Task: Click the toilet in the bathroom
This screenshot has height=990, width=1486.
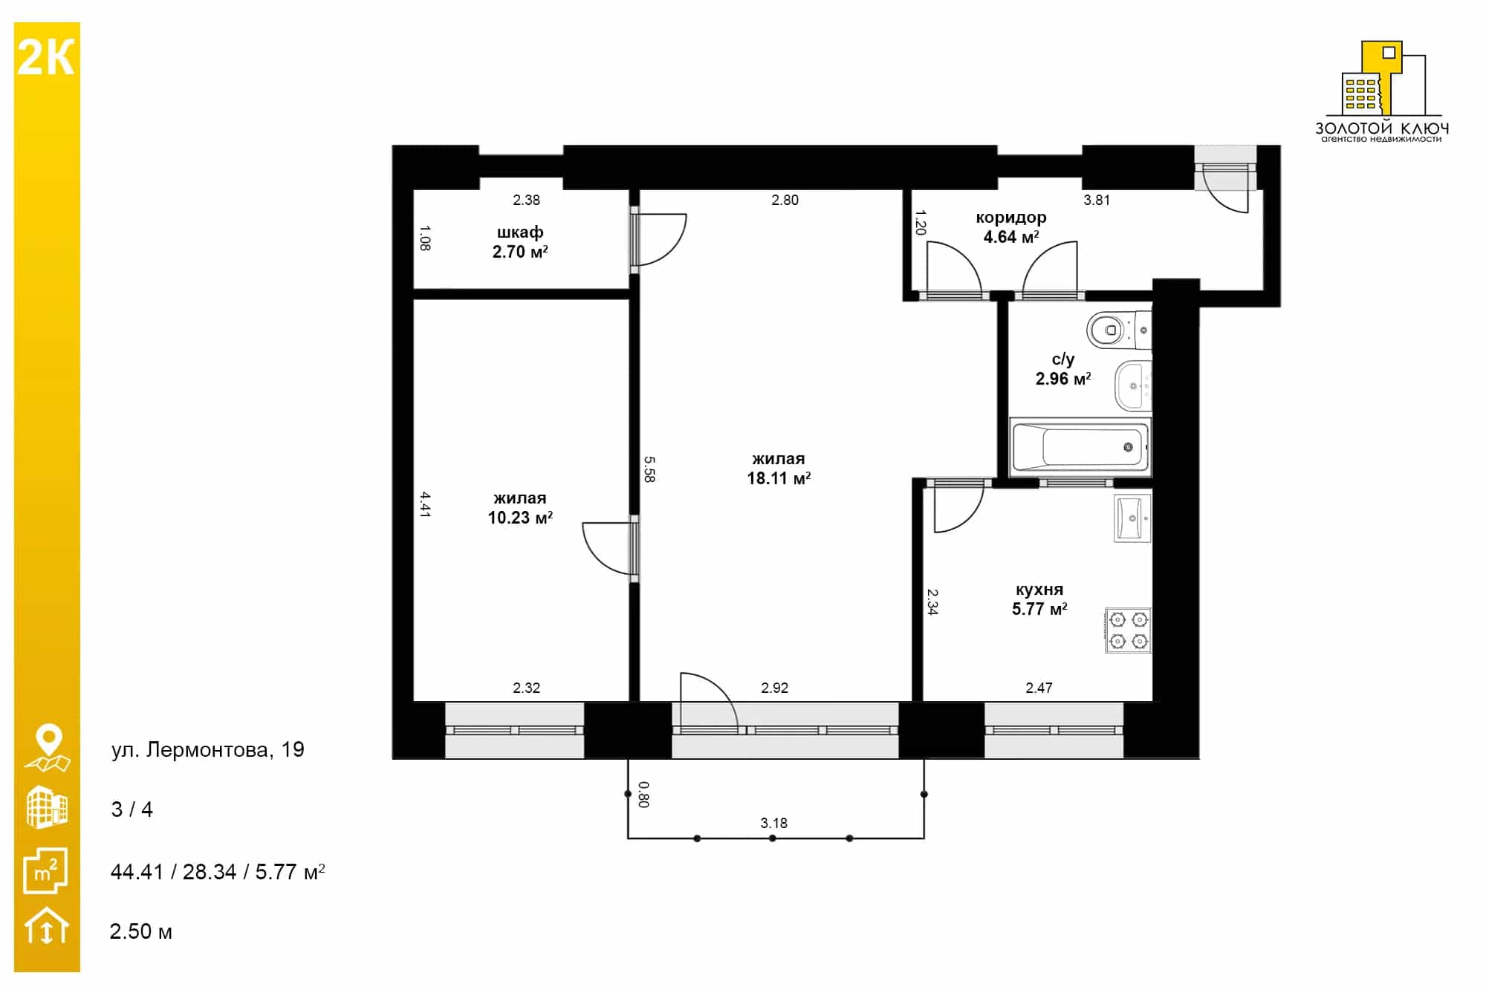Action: pyautogui.click(x=1119, y=330)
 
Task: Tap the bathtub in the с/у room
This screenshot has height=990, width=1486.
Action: pyautogui.click(x=1080, y=447)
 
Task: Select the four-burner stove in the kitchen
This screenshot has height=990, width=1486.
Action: pyautogui.click(x=1129, y=630)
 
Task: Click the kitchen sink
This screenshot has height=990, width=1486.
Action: pyautogui.click(x=1132, y=518)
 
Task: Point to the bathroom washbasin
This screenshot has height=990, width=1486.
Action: pyautogui.click(x=1133, y=385)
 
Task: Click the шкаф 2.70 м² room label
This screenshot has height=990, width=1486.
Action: pyautogui.click(x=520, y=242)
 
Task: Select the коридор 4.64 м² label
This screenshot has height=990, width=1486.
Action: pyautogui.click(x=1011, y=227)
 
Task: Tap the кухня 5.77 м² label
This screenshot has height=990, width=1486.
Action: pyautogui.click(x=1039, y=599)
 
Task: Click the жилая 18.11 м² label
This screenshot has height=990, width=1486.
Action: pyautogui.click(x=779, y=469)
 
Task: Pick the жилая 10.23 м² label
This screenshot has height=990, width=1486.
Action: pyautogui.click(x=520, y=508)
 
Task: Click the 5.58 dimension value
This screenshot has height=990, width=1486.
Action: pyautogui.click(x=649, y=469)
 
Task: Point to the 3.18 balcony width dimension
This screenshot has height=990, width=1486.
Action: pyautogui.click(x=774, y=823)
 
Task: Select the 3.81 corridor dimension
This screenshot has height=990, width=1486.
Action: pyautogui.click(x=1097, y=200)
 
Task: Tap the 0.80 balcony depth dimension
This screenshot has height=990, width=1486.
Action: pyautogui.click(x=644, y=795)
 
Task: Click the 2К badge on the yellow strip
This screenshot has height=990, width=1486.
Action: pyautogui.click(x=46, y=58)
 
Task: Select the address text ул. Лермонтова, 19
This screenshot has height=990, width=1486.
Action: pyautogui.click(x=208, y=749)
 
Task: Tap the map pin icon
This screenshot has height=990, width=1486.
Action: pyautogui.click(x=48, y=748)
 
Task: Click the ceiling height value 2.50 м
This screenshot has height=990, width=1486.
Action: pyautogui.click(x=141, y=931)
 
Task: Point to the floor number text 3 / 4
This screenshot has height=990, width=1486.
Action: pyautogui.click(x=132, y=810)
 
